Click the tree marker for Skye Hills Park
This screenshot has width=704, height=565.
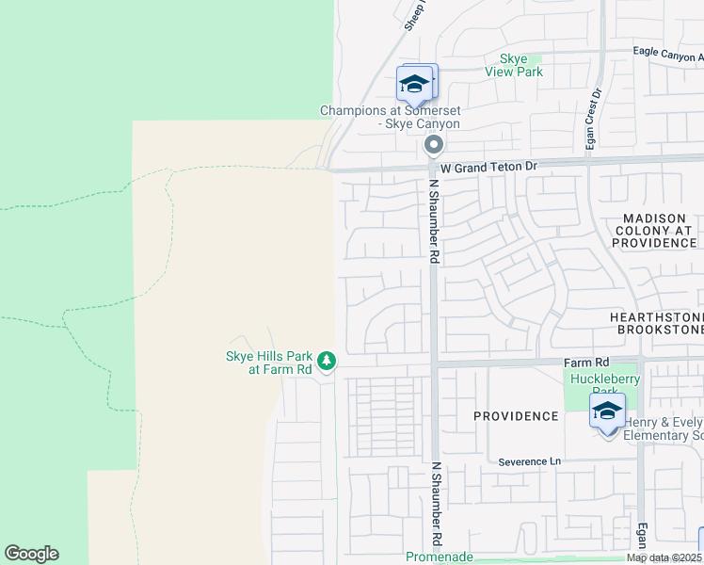(x=327, y=361)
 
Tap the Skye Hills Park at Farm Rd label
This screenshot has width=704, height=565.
(x=268, y=363)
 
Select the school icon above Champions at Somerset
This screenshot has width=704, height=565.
(x=414, y=85)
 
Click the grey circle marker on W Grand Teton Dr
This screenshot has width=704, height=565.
(x=434, y=145)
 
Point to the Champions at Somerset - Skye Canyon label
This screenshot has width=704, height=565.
(x=390, y=117)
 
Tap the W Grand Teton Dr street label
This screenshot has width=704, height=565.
(x=488, y=166)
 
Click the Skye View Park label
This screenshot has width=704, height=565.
(x=513, y=65)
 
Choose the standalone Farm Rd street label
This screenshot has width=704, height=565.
(x=587, y=362)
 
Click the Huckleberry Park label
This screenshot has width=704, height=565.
(x=595, y=385)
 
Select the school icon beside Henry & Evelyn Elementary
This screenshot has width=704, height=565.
(x=608, y=412)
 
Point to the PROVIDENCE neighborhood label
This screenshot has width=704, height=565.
(x=516, y=415)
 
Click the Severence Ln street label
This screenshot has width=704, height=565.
(x=529, y=461)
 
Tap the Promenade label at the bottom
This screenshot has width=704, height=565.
(x=439, y=557)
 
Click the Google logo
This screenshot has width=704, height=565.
(x=31, y=554)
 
